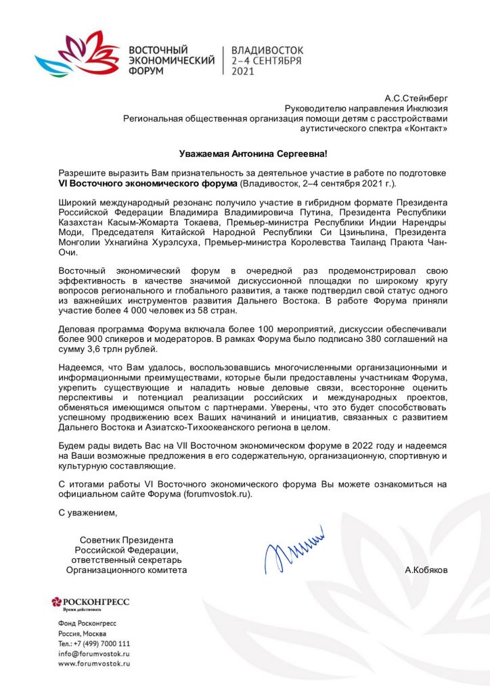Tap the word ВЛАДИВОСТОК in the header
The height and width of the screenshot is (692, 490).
[x=267, y=50]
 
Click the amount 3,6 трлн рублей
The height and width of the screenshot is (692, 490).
[x=120, y=349]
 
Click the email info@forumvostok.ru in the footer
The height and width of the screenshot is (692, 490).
[x=94, y=653]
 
